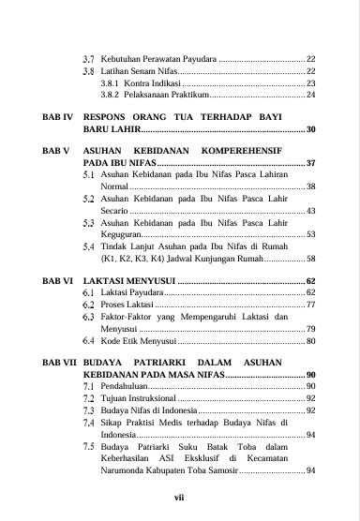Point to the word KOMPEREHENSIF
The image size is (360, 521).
pyautogui.click(x=268, y=151)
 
